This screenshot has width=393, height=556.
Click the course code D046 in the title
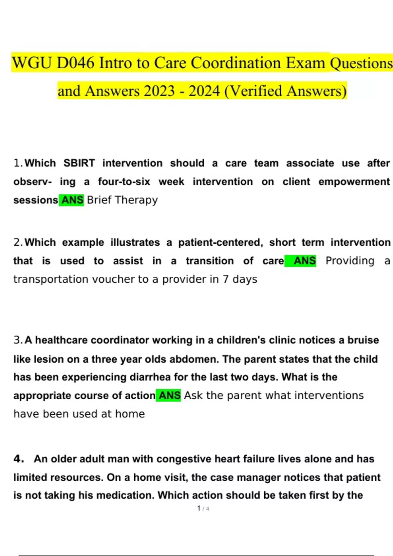tap(75, 63)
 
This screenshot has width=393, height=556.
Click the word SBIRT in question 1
tap(79, 163)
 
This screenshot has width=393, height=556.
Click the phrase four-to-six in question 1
tap(124, 182)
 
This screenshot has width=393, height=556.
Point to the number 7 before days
tap(226, 279)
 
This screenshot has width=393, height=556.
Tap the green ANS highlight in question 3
tap(169, 395)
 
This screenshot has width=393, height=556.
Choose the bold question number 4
tap(19, 459)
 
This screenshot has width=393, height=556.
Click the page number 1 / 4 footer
tap(203, 509)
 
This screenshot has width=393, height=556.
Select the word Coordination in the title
tap(236, 63)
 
